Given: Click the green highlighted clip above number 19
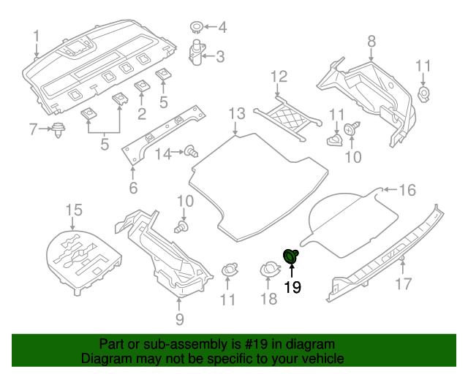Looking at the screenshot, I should click(292, 256).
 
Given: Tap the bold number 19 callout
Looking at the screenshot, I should click(292, 288).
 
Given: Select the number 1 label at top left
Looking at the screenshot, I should click(37, 34).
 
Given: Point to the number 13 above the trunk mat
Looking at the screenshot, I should click(235, 113).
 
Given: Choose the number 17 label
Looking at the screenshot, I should click(404, 283).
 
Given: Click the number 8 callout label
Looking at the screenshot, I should click(371, 40).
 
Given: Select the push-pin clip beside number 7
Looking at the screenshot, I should click(56, 131).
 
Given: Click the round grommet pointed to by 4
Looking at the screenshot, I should click(196, 28).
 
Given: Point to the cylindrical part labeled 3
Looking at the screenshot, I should click(197, 55).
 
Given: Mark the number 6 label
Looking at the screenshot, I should click(132, 188).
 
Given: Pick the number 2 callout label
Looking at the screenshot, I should click(141, 112).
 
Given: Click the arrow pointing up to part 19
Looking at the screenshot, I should click(292, 271).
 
